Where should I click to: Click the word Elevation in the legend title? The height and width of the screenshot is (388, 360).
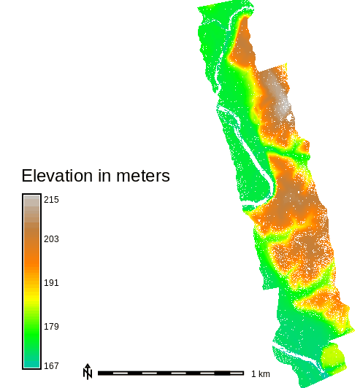56,176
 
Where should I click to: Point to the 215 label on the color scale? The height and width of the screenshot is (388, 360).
51,200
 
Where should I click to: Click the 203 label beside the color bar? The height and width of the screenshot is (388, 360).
51,239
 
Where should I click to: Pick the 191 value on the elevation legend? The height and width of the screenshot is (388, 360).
51,283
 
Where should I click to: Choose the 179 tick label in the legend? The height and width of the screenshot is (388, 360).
51,326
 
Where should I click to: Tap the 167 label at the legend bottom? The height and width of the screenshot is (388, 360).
51,365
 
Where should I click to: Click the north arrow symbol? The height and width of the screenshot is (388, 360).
88,372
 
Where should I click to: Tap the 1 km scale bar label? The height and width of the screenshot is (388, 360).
260,374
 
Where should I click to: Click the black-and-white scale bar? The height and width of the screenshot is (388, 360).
172,373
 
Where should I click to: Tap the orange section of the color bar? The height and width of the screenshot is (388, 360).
31,259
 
